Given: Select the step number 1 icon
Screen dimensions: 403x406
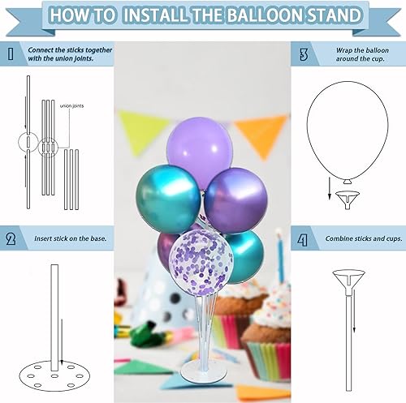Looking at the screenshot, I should click(x=10, y=55).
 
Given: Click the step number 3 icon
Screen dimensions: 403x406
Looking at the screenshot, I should click(x=303, y=55).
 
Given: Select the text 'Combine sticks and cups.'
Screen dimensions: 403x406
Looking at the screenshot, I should click(x=358, y=239).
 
